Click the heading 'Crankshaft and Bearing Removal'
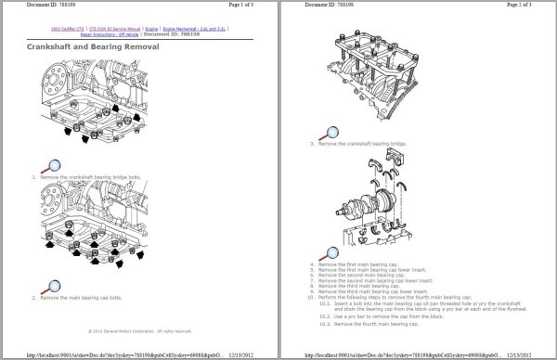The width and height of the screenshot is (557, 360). (93, 46)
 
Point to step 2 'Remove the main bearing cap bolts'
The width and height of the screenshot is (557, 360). (78, 298)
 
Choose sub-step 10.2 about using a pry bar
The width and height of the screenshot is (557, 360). (404, 317)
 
